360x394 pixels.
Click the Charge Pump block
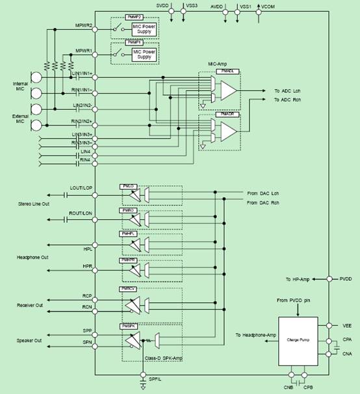tap(297, 339)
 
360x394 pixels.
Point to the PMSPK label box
tap(127, 325)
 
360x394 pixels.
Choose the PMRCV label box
tap(127, 288)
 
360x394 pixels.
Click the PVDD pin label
tap(347, 278)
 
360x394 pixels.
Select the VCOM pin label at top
tap(268, 6)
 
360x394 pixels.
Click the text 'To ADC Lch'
tap(288, 90)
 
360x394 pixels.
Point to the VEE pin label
tap(346, 325)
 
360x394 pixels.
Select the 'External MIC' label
tap(20, 119)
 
